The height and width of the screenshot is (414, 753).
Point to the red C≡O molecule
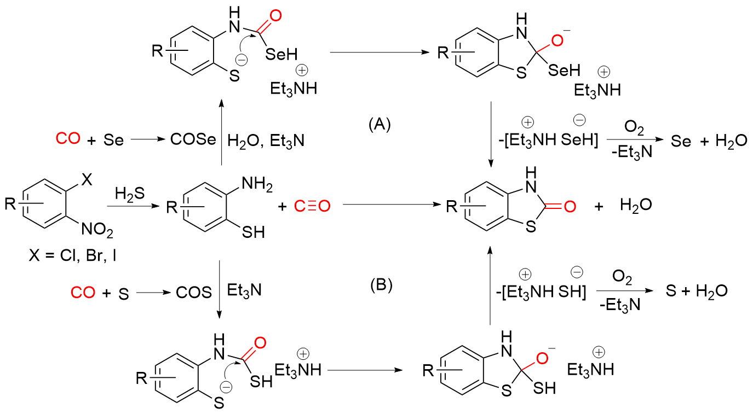(x=312, y=207)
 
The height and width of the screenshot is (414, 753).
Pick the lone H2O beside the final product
(x=636, y=207)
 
